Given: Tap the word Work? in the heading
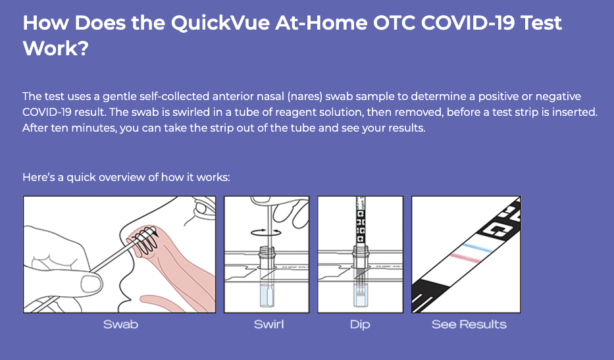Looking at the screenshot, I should [x=55, y=49].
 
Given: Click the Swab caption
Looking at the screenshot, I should [x=120, y=324].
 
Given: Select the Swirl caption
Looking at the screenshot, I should [x=269, y=324].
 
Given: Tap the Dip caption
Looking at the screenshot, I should [x=360, y=324].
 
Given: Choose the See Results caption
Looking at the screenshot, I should [x=469, y=324].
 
